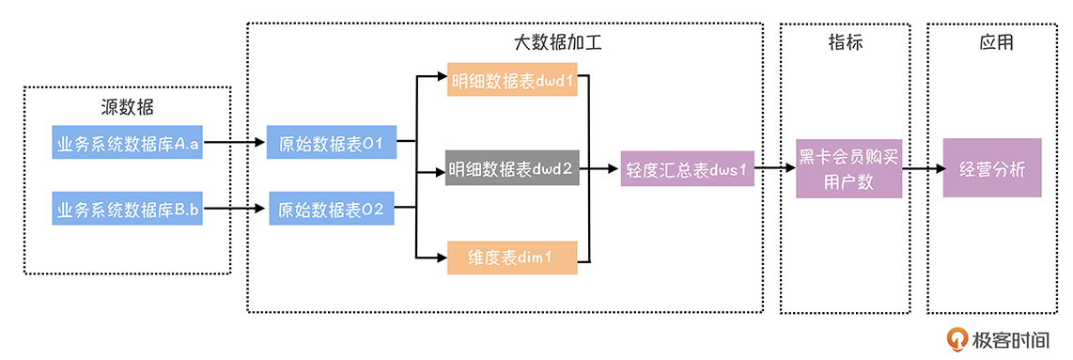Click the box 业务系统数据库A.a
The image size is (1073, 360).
128,144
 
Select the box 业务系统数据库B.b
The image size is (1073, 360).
128,210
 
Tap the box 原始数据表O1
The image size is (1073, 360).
332,144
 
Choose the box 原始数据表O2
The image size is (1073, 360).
332,210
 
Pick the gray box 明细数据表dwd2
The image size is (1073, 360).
512,170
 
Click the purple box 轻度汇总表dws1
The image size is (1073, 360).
687,170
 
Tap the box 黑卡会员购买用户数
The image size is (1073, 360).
848,169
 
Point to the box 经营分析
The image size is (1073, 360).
992,169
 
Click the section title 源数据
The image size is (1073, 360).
127,107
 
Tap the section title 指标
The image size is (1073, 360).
846,43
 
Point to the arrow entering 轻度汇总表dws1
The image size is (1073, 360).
605,170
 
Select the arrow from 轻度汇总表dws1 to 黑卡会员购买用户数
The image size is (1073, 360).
775,170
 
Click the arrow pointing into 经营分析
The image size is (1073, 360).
923,170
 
